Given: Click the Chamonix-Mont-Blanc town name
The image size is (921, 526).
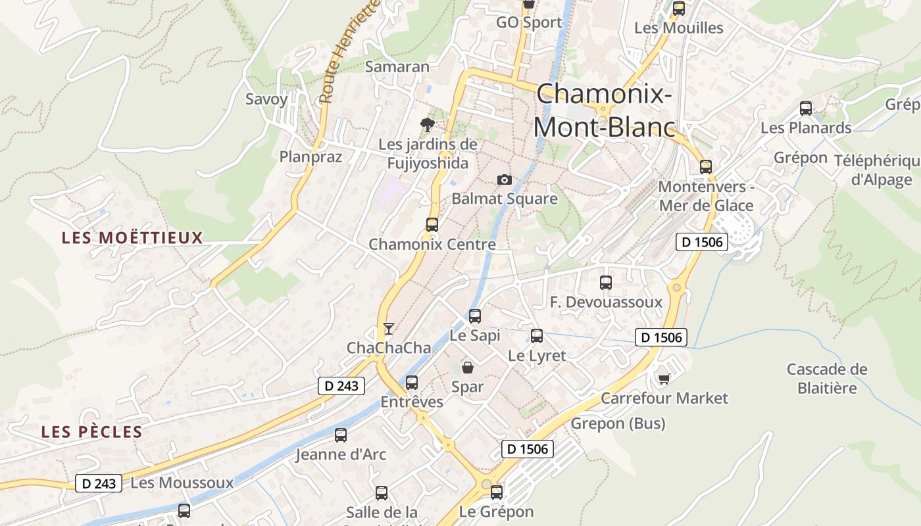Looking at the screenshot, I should tap(604, 110).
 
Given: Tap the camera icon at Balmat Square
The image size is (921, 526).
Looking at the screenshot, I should tap(504, 179).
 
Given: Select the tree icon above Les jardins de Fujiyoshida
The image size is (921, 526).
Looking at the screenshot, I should tap(428, 124).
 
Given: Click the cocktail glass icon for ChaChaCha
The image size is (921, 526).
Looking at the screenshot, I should tap(389, 328).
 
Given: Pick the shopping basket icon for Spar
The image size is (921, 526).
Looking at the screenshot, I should tap(468, 367).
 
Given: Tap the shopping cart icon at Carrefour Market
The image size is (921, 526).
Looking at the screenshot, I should tap(664, 378).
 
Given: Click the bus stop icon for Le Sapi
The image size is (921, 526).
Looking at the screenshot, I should tap(475, 316).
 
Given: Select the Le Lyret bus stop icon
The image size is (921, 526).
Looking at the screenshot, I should tap(537, 336).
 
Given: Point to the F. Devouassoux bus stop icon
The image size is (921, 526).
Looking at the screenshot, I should tap(606, 283).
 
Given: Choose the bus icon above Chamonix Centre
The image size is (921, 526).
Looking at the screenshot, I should tap(432, 224).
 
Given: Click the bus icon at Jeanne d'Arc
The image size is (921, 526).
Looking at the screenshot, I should tap(341, 435).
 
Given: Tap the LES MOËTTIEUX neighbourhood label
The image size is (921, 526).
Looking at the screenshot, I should tap(132, 238).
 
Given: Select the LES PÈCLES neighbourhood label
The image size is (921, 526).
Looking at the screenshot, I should tap(91, 432).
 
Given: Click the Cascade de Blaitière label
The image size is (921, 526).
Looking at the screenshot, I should tap(827, 379).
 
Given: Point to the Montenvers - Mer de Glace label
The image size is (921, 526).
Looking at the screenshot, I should tap(706, 196).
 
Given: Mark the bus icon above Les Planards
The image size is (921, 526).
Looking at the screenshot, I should tap(806, 108).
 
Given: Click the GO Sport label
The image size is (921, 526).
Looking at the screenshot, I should tap(529, 22).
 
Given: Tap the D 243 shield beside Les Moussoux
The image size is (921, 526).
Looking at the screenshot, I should tap(100, 483).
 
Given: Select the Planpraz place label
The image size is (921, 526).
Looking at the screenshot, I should tap(311, 156).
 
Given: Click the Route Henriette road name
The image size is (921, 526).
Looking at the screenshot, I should tap(350, 53).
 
